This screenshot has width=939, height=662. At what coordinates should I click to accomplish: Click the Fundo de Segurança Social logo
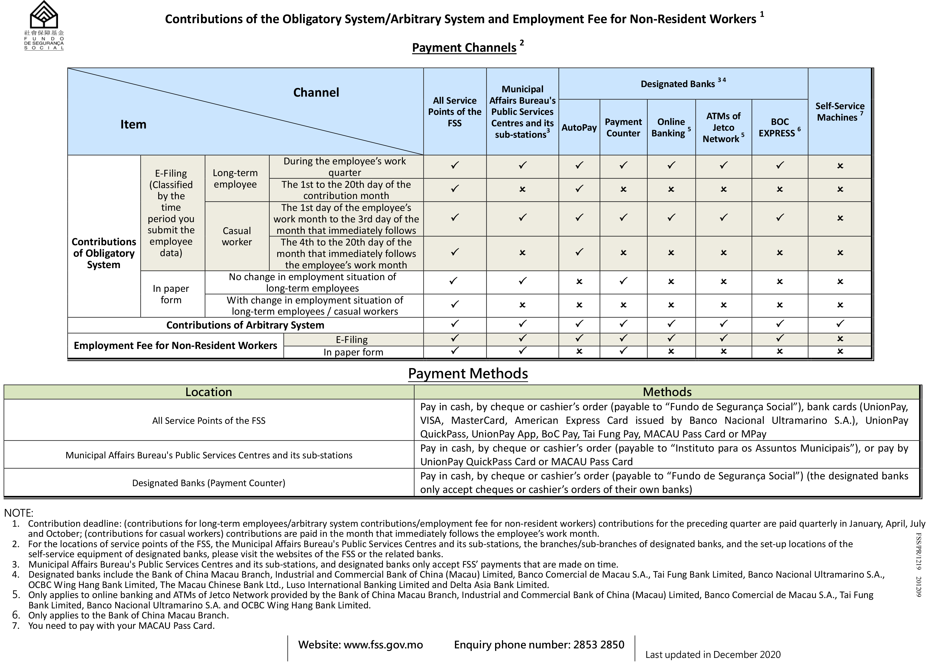(44, 25)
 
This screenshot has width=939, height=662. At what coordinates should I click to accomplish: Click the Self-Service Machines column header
(839, 112)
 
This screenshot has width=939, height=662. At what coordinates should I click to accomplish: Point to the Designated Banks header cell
(682, 84)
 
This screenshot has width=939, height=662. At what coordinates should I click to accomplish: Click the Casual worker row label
(236, 236)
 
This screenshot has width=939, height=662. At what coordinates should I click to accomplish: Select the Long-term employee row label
(235, 179)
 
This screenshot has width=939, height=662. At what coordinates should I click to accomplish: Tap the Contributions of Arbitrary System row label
(245, 325)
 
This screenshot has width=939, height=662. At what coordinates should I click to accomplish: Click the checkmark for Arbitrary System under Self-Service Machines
(840, 324)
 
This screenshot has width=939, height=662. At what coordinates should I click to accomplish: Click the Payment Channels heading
(464, 47)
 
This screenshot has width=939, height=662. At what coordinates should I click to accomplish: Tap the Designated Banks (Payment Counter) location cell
(209, 483)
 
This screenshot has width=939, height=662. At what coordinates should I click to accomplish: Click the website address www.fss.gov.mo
(383, 645)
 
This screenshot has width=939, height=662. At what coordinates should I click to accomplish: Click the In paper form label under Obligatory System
(171, 294)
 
